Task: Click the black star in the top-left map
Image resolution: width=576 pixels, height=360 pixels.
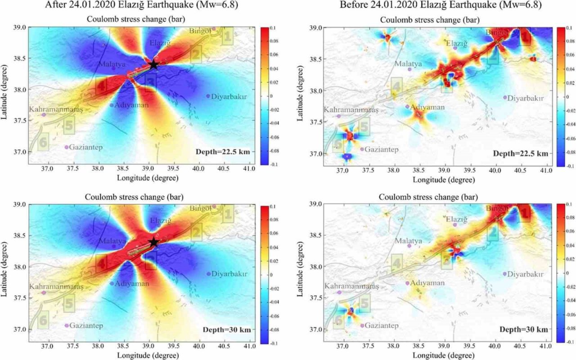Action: coord(153,64)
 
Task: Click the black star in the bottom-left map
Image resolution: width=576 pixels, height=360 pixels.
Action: coord(153,242)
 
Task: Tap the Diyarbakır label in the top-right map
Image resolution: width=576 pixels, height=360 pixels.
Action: coord(525,98)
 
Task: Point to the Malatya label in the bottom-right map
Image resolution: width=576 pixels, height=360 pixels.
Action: coord(409,241)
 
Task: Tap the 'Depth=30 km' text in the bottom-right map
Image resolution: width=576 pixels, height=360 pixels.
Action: coord(523,329)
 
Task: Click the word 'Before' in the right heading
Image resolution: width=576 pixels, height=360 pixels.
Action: coord(353,5)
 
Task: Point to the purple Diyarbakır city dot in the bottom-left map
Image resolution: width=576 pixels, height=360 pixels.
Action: coord(208,274)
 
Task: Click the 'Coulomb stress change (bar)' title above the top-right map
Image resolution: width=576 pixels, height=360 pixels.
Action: coord(429,20)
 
